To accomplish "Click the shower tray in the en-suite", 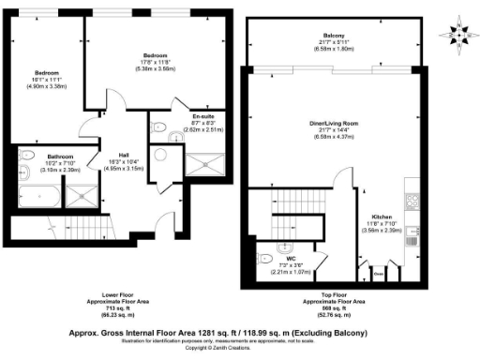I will point(199,166).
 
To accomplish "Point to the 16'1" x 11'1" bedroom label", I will point(47,72).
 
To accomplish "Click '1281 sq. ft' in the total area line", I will point(213,331).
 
